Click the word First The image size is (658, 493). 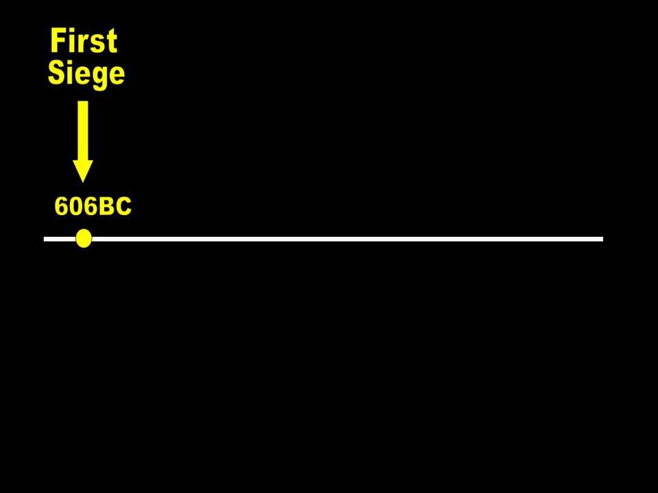point(84,42)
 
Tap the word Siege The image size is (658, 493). point(86,74)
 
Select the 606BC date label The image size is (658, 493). point(93,207)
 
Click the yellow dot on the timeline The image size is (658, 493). point(84,238)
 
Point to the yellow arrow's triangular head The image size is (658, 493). point(83,170)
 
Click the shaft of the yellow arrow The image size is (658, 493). point(83,130)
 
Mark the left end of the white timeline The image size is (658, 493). point(46,238)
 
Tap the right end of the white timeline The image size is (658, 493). point(601,238)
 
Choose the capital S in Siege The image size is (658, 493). point(57,73)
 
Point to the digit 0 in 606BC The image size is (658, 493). point(76,207)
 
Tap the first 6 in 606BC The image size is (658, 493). point(62,207)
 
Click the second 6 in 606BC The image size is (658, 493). point(90,207)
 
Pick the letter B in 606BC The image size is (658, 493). point(106,207)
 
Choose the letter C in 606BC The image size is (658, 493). point(122,207)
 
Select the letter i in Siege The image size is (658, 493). point(71,73)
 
